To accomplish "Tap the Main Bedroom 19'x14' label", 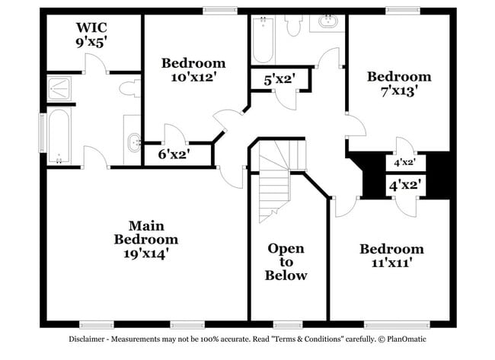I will pos(146,239).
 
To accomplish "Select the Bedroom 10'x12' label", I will pos(193,69).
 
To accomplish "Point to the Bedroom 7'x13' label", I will pos(399,83).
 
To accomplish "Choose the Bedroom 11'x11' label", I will pos(391,256).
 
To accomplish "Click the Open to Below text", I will pos(286,262).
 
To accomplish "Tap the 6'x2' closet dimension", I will pos(174,154).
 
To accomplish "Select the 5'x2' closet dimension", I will pos(279,78).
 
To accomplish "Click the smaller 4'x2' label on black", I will pos(404,162).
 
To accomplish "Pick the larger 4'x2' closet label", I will pos(406,185).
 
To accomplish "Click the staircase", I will pos(276,183).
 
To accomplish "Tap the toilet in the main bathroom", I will pos(129,88).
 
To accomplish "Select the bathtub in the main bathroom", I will pos(59,137).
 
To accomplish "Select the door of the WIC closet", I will pos(93,65).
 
